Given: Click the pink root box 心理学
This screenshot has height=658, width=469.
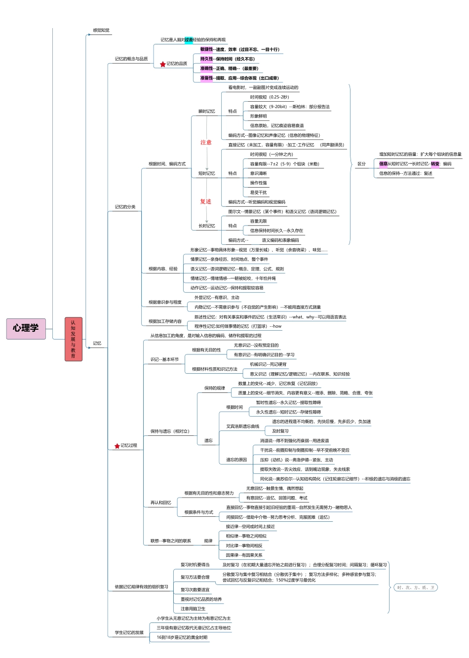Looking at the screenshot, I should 26,328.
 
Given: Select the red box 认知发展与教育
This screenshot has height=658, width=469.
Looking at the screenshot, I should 73,339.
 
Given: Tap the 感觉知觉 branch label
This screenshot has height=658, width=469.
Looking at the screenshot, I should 101,31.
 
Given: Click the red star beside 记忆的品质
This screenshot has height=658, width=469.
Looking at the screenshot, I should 163,64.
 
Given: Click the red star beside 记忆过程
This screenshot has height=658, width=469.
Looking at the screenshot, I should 117,446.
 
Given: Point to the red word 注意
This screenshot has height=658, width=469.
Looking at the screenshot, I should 206,143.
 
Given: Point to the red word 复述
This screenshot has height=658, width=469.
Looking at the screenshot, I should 206,202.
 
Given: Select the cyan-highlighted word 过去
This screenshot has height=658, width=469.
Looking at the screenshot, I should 189,40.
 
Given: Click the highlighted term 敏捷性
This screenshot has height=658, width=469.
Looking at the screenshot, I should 206,49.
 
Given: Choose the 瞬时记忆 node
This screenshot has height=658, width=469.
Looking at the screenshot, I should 207,112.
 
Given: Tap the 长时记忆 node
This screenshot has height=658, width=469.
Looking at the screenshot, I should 207,226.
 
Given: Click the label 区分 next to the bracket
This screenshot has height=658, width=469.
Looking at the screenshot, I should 362,164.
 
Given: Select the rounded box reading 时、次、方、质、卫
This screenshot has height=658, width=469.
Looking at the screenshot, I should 416,587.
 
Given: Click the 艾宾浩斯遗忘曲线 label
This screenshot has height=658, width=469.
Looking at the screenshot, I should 242,426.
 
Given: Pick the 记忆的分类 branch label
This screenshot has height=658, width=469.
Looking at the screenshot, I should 125,207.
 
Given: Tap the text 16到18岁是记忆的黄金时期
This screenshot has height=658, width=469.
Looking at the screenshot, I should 182,637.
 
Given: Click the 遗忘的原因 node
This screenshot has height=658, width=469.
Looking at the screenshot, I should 236,460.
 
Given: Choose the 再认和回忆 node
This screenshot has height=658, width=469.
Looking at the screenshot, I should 161,503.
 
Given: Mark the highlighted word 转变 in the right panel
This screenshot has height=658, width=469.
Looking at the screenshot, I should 435,164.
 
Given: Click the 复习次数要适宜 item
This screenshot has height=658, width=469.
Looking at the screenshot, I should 195,590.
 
